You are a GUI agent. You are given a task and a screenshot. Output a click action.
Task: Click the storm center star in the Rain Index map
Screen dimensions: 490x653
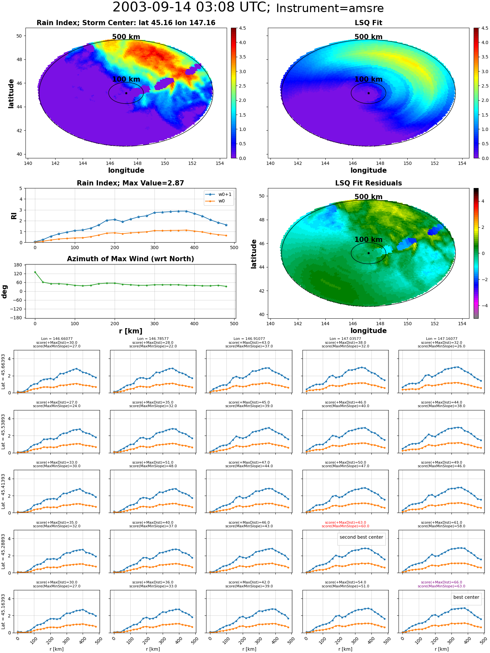126,93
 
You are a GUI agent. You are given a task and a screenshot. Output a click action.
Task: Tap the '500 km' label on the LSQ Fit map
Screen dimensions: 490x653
368,37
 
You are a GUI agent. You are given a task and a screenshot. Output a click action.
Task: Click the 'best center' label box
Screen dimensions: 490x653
466,597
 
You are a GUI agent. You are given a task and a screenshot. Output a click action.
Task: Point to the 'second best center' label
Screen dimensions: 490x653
361,537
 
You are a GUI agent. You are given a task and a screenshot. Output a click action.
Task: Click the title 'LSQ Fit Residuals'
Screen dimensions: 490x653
368,183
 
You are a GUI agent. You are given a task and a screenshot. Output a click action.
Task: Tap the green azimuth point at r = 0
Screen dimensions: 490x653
35,272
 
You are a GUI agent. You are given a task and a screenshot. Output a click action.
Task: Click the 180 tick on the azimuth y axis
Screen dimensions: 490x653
18,265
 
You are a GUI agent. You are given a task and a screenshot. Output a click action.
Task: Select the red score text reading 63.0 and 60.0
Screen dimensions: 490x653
345,524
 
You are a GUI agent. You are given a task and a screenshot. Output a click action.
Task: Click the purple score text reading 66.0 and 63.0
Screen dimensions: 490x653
441,584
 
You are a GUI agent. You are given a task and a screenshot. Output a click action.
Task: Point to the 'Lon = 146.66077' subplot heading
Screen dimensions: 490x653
57,339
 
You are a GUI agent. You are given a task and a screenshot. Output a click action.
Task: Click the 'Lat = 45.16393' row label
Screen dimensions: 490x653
3,612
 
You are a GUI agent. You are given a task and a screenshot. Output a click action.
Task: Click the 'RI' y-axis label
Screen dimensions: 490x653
14,216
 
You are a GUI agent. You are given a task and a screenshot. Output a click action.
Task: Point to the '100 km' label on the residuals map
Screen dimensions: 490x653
368,240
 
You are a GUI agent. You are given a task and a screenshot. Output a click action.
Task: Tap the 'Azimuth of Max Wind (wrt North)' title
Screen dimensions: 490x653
130,259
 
